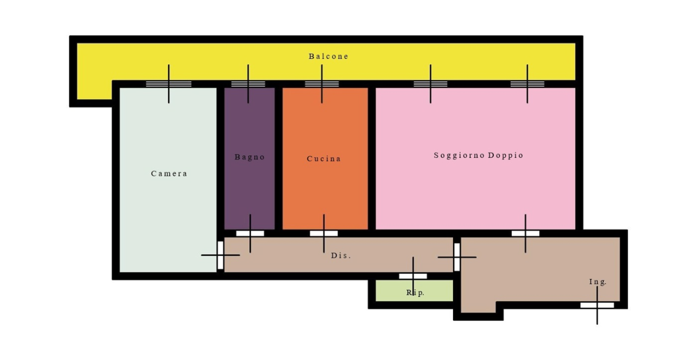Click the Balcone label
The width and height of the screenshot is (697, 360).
coord(328,56)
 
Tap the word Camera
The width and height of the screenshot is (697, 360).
coord(169,174)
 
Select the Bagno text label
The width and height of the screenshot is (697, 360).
coord(249,157)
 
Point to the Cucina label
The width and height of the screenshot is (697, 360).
coord(323,158)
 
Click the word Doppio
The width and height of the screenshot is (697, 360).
coord(506,155)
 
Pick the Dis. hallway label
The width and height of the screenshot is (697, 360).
coord(341,255)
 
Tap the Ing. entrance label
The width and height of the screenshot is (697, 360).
coord(598,282)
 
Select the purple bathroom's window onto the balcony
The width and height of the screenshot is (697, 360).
coord(248,84)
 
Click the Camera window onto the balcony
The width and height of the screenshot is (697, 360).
coord(169,84)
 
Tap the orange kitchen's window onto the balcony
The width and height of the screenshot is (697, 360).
coord(322,84)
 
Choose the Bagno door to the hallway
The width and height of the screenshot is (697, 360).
coord(250,233)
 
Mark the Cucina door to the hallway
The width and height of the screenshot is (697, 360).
coord(323,233)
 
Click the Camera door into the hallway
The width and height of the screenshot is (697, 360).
coord(221,255)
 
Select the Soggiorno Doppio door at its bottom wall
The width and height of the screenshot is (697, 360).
coord(525,233)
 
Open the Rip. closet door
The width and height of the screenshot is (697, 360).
coord(413,276)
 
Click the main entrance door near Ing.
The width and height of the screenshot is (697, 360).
coord(597,305)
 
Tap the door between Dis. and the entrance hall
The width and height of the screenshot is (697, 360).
coord(457,257)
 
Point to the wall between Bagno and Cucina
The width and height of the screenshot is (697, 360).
coord(278,158)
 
